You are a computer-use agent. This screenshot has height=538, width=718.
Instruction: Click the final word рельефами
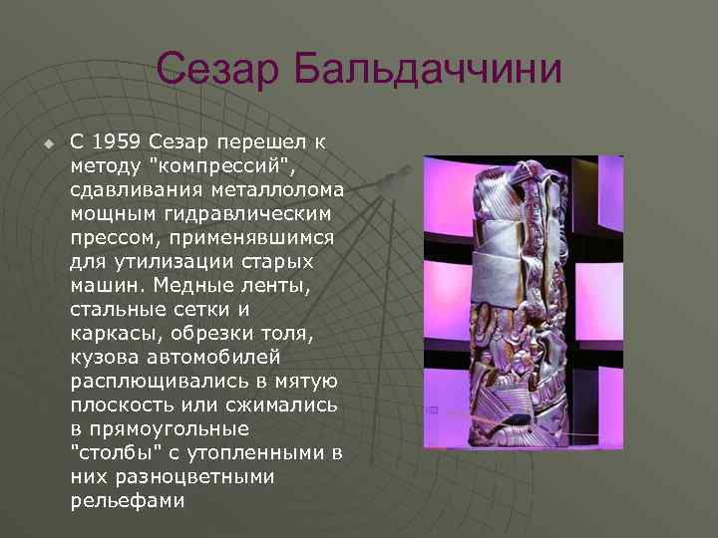coord(128,500)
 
